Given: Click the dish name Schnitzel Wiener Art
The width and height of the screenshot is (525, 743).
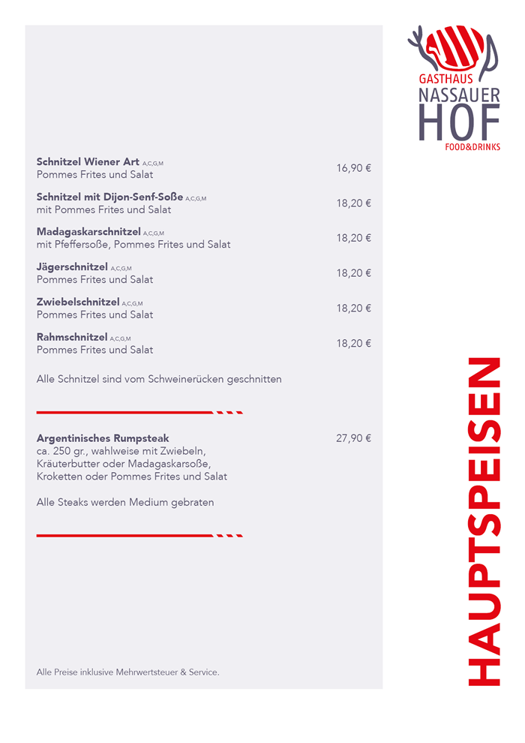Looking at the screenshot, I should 88,162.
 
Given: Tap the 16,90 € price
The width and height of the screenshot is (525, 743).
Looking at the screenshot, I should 353,168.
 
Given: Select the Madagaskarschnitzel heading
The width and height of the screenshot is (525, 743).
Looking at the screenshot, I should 88,232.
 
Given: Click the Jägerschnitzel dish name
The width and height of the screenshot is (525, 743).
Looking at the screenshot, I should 72,267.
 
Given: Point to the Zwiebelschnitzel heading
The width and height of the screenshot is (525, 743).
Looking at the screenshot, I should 78,302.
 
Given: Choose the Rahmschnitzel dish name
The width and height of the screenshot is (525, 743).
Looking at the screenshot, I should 72,338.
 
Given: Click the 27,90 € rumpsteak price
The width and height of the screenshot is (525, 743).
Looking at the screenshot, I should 353,438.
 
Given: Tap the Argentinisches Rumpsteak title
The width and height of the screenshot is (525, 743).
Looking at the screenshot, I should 103,438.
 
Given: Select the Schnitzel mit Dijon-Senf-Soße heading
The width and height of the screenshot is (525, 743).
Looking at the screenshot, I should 109,197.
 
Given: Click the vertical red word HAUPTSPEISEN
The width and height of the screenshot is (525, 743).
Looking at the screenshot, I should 484,522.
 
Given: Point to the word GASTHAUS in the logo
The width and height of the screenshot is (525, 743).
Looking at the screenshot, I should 445,79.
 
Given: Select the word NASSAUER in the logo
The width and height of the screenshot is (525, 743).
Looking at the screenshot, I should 458,95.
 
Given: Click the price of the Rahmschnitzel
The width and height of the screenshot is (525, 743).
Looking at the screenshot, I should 353,344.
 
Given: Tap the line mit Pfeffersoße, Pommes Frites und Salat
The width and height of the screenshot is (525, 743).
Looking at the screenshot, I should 133,245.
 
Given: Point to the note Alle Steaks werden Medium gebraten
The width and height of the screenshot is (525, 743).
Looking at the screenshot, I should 125,503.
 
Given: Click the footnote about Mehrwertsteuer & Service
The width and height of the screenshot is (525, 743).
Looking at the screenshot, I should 127,672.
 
